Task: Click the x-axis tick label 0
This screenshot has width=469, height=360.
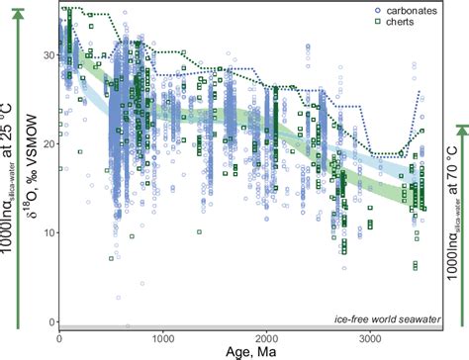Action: (61, 339)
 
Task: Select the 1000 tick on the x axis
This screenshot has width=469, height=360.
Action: (164, 339)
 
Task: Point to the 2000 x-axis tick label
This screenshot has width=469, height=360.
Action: (268, 339)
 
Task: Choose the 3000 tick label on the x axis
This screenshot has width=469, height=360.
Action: (371, 339)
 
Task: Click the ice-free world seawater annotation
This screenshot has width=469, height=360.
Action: (386, 318)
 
